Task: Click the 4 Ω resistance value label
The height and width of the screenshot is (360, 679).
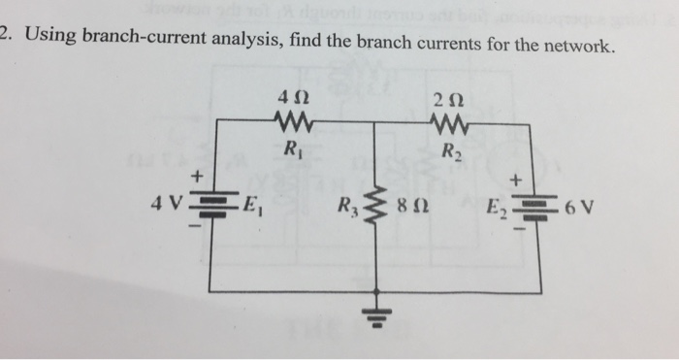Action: tap(292, 98)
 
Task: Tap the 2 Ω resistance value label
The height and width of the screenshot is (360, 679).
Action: tap(452, 98)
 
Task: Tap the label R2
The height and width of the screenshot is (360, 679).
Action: tap(452, 151)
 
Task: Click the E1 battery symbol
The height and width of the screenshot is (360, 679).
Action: tap(212, 205)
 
